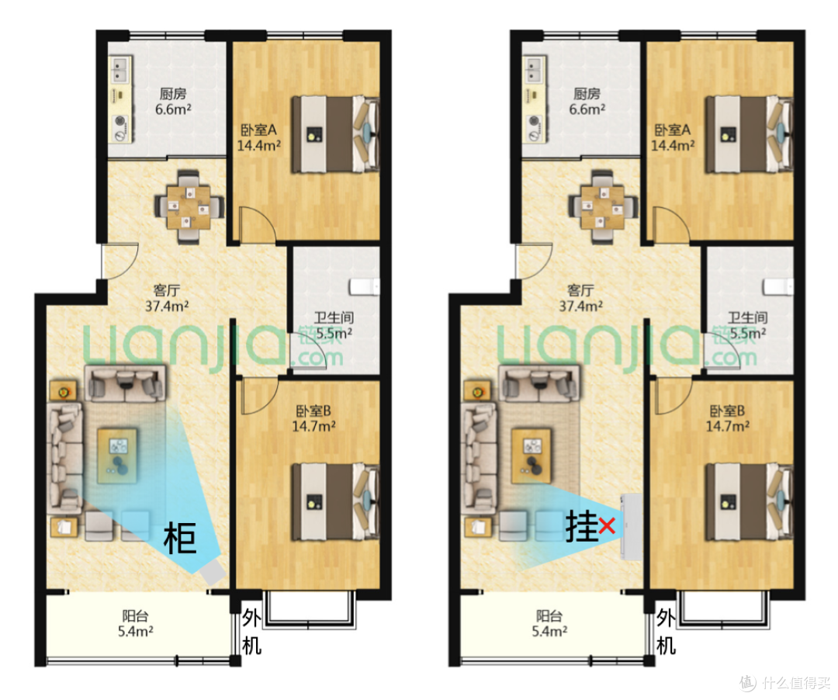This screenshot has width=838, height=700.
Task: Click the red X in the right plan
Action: pyautogui.click(x=607, y=526)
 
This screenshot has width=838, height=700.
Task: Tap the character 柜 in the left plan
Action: pyautogui.click(x=179, y=538)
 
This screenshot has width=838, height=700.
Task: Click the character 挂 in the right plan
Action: pyautogui.click(x=581, y=526)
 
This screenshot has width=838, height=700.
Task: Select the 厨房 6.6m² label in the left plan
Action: pyautogui.click(x=173, y=102)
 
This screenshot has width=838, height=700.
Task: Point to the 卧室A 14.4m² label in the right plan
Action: pyautogui.click(x=672, y=137)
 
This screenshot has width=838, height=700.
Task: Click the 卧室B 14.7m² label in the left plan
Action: pyautogui.click(x=313, y=418)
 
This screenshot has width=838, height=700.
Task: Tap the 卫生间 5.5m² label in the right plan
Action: pyautogui.click(x=748, y=325)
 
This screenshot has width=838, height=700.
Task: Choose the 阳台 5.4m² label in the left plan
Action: pyautogui.click(x=135, y=624)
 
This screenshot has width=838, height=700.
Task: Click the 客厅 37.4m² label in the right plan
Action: pyautogui.click(x=580, y=298)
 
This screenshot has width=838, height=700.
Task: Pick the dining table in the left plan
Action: pyautogui.click(x=189, y=206)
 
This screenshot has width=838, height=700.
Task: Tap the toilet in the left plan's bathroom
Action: pyautogui.click(x=365, y=287)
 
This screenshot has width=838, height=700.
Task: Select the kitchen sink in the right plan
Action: pyautogui.click(x=533, y=71)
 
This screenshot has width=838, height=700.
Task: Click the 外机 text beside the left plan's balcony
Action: pyautogui.click(x=251, y=632)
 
